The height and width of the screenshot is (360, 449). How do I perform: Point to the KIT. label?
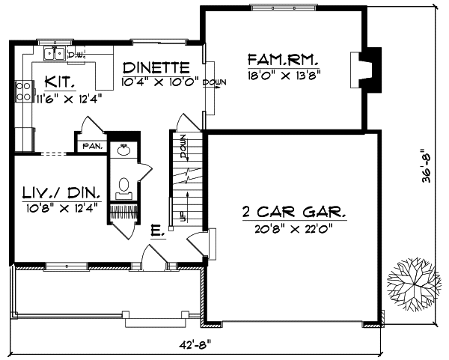pyautogui.click(x=58, y=81)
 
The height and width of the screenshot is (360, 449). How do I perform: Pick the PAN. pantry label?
pyautogui.click(x=92, y=145)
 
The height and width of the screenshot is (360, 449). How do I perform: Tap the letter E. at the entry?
pyautogui.click(x=156, y=232)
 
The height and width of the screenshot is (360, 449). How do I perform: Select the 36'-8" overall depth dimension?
pyautogui.click(x=427, y=165)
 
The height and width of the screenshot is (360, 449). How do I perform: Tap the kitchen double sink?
pyautogui.click(x=54, y=53)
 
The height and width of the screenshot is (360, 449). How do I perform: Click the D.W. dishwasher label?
pyautogui.click(x=76, y=55)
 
